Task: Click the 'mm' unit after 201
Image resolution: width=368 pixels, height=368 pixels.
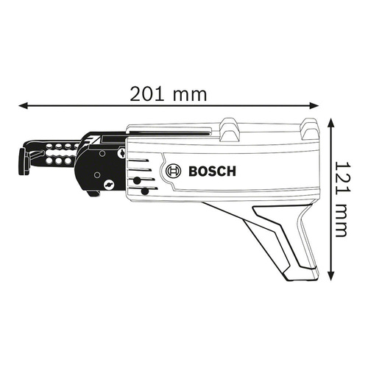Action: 190,93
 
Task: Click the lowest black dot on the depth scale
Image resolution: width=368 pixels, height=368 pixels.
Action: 145,192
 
